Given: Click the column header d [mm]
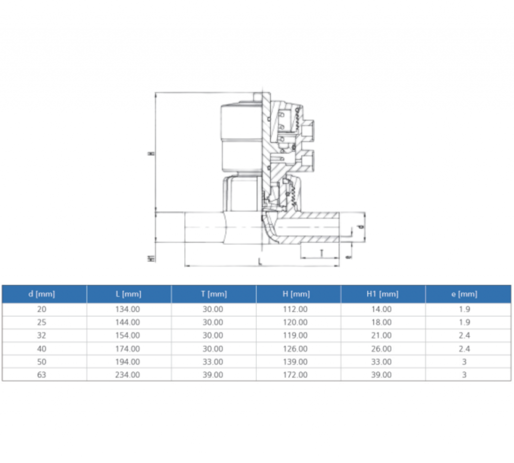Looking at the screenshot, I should [44, 294].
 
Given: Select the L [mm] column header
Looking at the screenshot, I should [128, 294].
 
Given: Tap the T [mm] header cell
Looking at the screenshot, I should [213, 294].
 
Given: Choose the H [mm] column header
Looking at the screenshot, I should [298, 294].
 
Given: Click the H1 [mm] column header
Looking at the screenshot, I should [382, 294].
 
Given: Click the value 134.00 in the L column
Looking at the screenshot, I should [128, 309].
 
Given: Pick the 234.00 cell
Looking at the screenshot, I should [128, 375].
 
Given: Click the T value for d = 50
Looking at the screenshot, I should [213, 362].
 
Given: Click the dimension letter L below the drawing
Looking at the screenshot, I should [260, 262].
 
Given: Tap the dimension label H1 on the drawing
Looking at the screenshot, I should [150, 259].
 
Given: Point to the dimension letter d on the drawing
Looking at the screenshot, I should [360, 226].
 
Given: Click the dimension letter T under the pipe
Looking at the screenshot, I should [321, 253].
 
